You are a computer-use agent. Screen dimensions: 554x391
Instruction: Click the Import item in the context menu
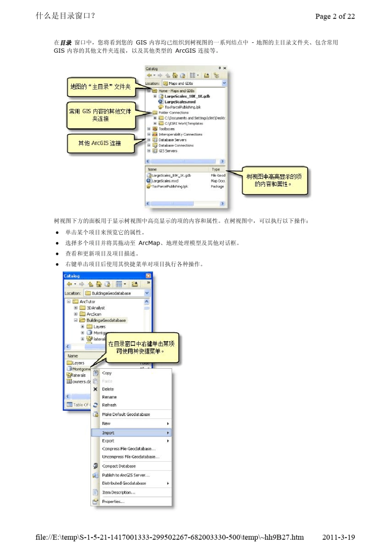(108, 433)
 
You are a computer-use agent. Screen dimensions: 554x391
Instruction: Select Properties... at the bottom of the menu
(113, 502)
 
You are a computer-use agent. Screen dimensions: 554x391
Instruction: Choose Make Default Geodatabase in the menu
(126, 414)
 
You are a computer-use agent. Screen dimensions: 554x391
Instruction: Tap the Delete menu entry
(108, 389)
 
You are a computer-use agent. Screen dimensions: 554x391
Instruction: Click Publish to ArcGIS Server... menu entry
(126, 475)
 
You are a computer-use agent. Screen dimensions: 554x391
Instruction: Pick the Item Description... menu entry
(119, 493)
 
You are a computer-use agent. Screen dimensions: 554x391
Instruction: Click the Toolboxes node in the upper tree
(167, 129)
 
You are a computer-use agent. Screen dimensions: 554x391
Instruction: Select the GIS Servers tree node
(168, 151)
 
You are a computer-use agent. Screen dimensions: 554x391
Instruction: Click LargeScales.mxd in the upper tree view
(180, 102)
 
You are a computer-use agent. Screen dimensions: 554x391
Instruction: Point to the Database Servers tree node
(172, 140)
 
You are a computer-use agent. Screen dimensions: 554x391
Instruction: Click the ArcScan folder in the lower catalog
(94, 314)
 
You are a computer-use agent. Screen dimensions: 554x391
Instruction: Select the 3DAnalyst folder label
(95, 308)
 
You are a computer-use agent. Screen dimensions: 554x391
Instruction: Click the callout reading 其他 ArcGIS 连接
(100, 143)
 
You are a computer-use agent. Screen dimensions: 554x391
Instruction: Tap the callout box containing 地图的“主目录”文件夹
(100, 87)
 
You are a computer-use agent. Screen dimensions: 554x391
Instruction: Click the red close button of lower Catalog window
(148, 276)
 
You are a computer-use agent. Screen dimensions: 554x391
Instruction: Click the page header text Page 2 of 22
(335, 16)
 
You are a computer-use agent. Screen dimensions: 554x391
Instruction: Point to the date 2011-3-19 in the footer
(338, 537)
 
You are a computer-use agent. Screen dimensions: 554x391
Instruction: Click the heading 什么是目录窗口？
(66, 16)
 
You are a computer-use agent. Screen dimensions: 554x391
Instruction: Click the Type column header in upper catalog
(216, 169)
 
